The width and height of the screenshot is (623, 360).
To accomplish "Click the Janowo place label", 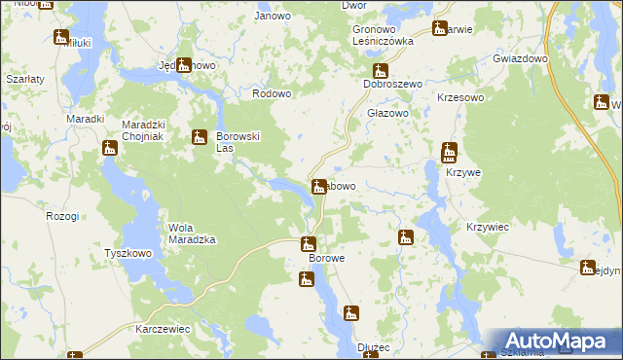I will click(273, 16).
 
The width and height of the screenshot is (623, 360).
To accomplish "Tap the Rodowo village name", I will click(273, 93).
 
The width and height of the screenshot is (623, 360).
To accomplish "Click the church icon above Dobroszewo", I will click(381, 70).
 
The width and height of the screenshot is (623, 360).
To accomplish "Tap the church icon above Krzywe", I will click(449, 152).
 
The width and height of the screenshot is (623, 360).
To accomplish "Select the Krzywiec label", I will click(488, 226).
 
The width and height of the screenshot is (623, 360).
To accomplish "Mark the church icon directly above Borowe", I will click(309, 244).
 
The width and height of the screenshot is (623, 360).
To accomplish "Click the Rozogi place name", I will click(62, 215).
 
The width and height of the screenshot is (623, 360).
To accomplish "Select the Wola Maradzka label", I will click(192, 234).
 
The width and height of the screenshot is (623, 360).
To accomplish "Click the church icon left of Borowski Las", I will click(200, 137).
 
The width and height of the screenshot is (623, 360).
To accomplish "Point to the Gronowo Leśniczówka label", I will click(384, 36).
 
